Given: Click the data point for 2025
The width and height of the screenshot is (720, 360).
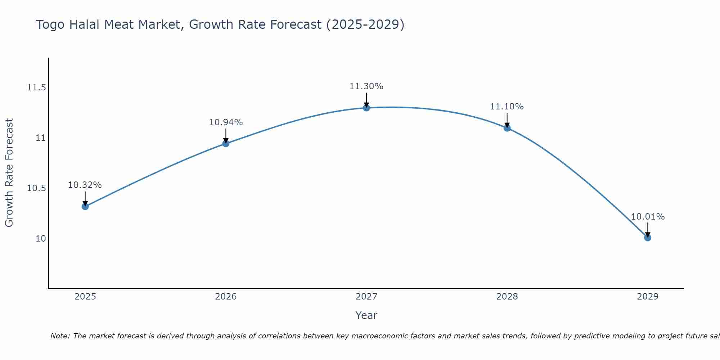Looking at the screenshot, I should pyautogui.click(x=85, y=206).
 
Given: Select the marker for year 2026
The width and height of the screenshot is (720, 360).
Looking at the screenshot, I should pyautogui.click(x=226, y=144).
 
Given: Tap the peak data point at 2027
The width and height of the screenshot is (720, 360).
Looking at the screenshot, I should pyautogui.click(x=366, y=108).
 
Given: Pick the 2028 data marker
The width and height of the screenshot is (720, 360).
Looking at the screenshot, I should pyautogui.click(x=507, y=128).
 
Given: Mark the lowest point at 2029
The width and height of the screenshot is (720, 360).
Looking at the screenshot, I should pyautogui.click(x=648, y=238).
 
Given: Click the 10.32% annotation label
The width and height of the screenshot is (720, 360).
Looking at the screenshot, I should pyautogui.click(x=85, y=185).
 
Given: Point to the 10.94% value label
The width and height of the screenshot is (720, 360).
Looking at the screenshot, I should pyautogui.click(x=226, y=122).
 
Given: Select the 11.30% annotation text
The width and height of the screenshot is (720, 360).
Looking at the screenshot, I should pyautogui.click(x=366, y=86).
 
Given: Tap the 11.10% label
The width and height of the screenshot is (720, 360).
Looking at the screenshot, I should pyautogui.click(x=507, y=107).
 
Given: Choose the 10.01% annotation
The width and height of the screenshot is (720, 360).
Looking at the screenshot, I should pyautogui.click(x=648, y=217).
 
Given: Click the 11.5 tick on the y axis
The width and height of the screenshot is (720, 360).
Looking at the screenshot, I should pyautogui.click(x=36, y=87).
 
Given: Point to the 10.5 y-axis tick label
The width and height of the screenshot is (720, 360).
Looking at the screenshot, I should pyautogui.click(x=36, y=188).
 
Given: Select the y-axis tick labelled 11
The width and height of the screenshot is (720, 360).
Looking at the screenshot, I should pyautogui.click(x=41, y=138).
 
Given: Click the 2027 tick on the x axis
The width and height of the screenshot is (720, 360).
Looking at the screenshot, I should pyautogui.click(x=366, y=297).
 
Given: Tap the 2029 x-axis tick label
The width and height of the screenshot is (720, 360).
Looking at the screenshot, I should pyautogui.click(x=648, y=297).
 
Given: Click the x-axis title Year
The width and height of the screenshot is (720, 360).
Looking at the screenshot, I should pyautogui.click(x=366, y=315).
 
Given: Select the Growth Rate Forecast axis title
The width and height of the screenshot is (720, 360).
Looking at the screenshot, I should pyautogui.click(x=9, y=173).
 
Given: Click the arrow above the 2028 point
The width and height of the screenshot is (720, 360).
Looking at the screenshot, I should pyautogui.click(x=507, y=120).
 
